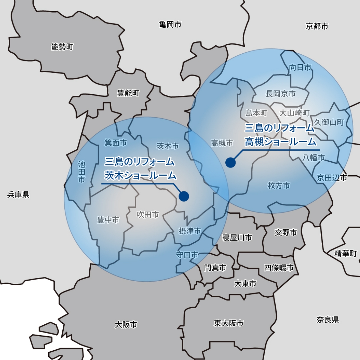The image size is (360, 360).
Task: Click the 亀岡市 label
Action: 170,24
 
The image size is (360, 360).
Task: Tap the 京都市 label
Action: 317,26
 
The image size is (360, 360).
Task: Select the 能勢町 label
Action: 62,47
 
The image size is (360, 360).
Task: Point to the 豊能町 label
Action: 128,93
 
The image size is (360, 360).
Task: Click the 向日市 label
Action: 300,67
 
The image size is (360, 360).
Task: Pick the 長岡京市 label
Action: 280,94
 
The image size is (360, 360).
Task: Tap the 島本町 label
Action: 256,113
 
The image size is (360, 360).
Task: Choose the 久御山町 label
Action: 329,122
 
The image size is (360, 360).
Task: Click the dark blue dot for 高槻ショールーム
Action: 230,162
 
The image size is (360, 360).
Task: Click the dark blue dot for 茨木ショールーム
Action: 184,196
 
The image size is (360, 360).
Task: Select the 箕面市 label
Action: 116,143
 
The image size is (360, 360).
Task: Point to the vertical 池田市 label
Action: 82,172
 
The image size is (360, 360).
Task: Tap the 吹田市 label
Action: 148,215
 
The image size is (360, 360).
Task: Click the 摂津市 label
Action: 190,231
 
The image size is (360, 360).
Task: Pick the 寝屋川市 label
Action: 237,238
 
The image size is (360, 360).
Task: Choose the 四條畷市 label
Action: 279,267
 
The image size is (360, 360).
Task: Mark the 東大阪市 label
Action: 229,323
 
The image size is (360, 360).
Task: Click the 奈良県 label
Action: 328,319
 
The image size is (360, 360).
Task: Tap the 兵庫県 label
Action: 18,194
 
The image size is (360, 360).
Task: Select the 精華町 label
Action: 346,253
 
